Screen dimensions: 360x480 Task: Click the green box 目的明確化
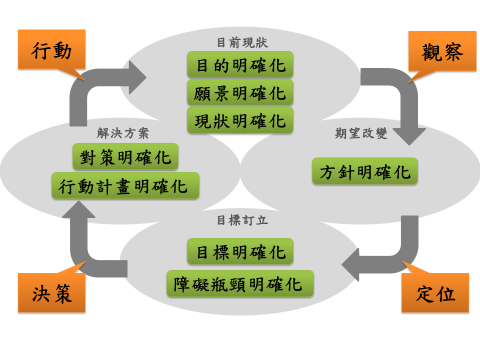tap(239, 66)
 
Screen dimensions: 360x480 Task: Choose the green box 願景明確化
tap(239, 93)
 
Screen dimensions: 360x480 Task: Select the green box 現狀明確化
tap(239, 120)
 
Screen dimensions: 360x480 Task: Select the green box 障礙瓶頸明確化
tap(239, 281)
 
